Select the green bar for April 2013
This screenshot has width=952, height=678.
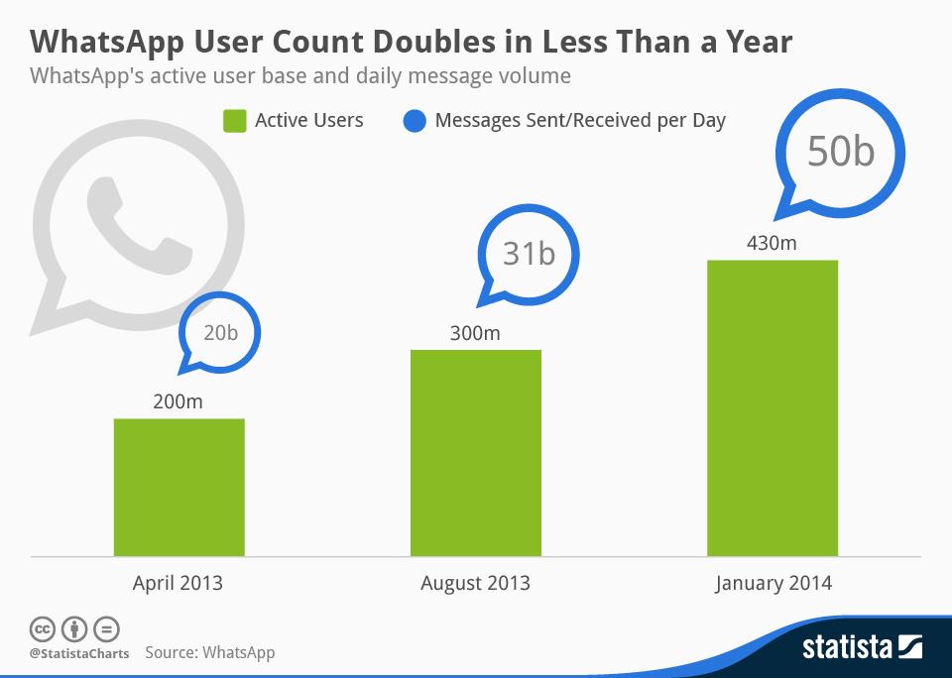tap(178, 487)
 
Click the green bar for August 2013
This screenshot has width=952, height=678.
tap(475, 452)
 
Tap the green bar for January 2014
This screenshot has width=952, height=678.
tap(772, 407)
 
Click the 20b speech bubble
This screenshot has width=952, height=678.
tap(219, 334)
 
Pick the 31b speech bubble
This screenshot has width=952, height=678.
tap(528, 254)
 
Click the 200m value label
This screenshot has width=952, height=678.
tap(178, 402)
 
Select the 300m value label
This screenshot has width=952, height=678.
tap(475, 333)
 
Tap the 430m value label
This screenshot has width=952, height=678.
tap(772, 243)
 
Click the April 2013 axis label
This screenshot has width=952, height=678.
tap(178, 583)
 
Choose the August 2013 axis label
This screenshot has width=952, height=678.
tap(475, 583)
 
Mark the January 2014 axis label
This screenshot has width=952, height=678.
tap(773, 583)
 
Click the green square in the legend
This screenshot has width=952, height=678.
tap(234, 121)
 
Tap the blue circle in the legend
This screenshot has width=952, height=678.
tap(416, 121)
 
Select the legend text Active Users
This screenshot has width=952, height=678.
tap(308, 121)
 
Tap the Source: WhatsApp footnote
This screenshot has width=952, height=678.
tap(209, 653)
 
